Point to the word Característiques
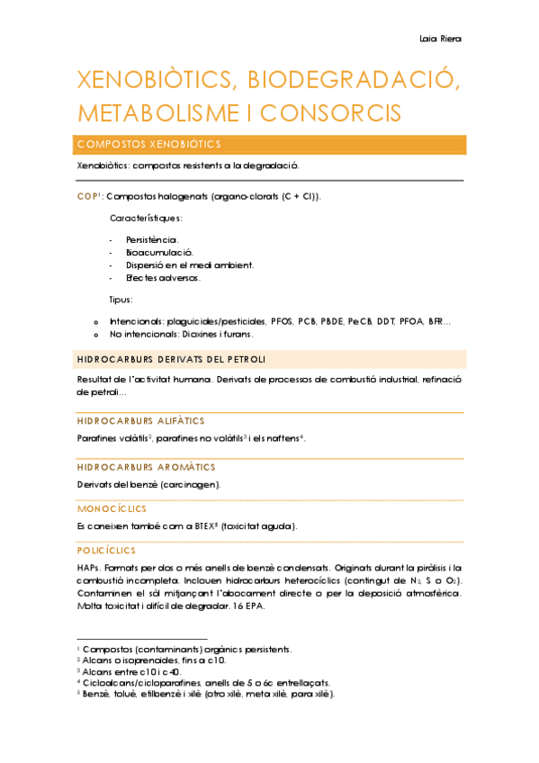coord(146,218)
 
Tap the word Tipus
coord(121,300)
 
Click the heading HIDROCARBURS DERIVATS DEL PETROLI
coord(171,360)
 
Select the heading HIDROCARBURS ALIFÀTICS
coord(141,420)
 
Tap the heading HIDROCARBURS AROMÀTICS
coord(147,467)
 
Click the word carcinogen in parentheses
coord(191,484)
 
